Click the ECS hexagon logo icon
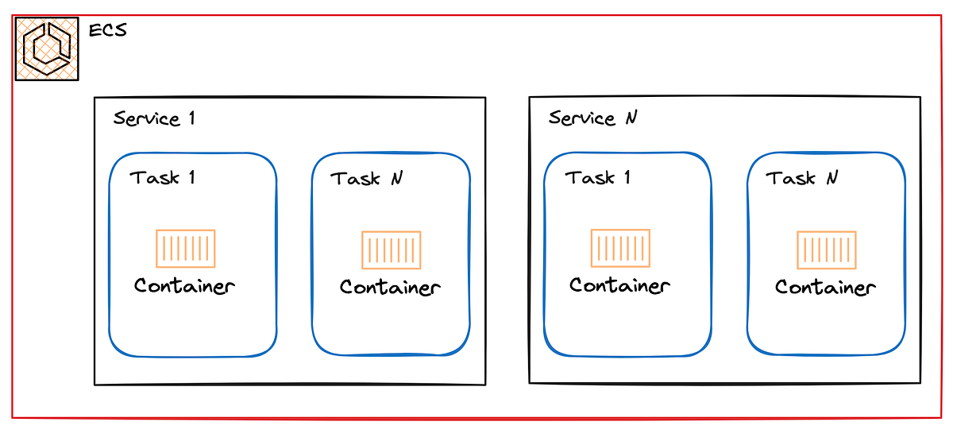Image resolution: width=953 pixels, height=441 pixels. (x=47, y=48)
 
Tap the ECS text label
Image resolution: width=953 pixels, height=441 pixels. (x=108, y=31)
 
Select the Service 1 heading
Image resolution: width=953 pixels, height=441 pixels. (x=154, y=119)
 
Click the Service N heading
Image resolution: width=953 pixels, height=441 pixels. (x=592, y=118)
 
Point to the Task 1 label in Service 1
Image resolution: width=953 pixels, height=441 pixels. (x=163, y=177)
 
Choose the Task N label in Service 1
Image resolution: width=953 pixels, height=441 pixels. (x=366, y=179)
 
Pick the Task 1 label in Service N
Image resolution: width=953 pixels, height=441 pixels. (x=598, y=177)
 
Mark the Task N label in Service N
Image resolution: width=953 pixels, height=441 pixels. (x=801, y=179)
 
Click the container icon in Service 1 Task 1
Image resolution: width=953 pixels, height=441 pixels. (x=185, y=249)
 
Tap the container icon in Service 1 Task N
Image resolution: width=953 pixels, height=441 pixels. (x=391, y=250)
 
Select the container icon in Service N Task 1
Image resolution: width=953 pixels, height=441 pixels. (x=620, y=248)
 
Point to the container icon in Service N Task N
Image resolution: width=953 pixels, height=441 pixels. (x=826, y=250)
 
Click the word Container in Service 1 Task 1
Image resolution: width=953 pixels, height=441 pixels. (x=184, y=285)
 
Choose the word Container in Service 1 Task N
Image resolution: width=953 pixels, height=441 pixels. (x=390, y=287)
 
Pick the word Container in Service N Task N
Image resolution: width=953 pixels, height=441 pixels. (x=825, y=287)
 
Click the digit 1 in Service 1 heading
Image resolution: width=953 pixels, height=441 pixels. (x=191, y=119)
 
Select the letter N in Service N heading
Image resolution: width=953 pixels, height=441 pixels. (x=631, y=118)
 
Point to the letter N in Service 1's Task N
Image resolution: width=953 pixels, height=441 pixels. (x=396, y=179)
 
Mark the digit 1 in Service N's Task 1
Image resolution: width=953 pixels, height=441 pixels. (x=627, y=177)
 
